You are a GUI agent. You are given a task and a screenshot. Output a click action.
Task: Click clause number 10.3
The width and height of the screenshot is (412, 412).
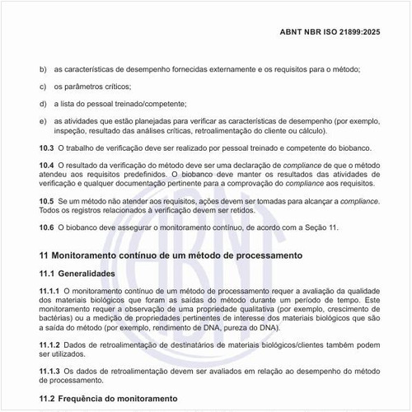46,147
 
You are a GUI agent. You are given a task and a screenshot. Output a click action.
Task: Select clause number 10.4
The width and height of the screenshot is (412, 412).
46,166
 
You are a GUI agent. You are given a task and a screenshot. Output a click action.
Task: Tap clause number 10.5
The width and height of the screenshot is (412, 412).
46,200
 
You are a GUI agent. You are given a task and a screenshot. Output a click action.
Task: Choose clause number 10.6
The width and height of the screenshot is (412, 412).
46,227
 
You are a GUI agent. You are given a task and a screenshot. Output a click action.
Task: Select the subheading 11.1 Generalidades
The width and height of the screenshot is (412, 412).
86,273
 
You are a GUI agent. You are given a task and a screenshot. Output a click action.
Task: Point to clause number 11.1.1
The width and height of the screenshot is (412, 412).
50,291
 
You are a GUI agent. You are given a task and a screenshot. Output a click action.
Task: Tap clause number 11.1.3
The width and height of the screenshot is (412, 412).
50,370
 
